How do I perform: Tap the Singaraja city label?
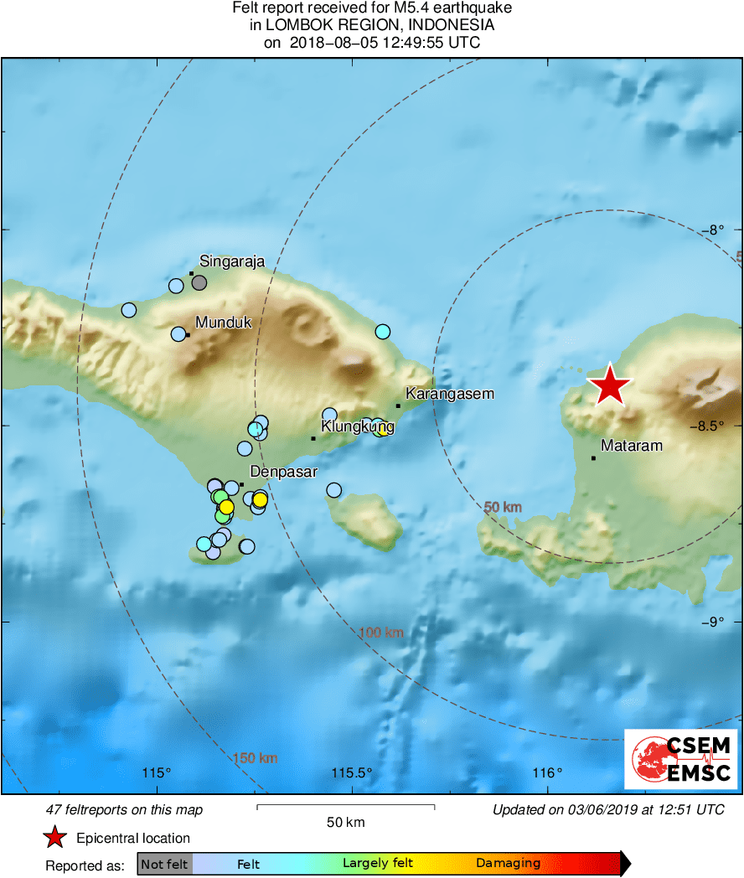(x=232, y=261)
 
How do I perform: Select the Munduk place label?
(x=223, y=322)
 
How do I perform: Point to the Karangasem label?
(x=450, y=393)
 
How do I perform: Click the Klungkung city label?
(x=358, y=426)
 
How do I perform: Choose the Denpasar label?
(x=284, y=472)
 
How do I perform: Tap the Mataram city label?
(x=632, y=446)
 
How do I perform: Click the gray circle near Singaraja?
(x=199, y=282)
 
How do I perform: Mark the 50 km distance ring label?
(x=503, y=506)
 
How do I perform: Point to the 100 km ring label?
(x=381, y=633)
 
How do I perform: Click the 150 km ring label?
(x=255, y=758)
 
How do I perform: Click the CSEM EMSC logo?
(x=681, y=759)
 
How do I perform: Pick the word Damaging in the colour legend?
(x=508, y=863)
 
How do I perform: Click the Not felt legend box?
(x=164, y=864)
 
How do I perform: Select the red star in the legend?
(x=55, y=837)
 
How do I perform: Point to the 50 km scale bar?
(x=345, y=808)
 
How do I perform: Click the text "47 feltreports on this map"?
(x=124, y=810)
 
